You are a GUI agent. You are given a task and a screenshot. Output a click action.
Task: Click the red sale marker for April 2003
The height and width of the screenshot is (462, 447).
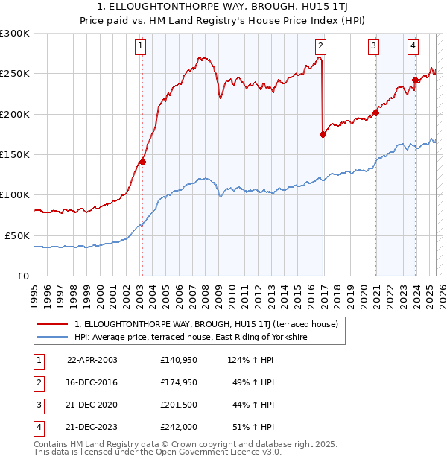coord(142,162)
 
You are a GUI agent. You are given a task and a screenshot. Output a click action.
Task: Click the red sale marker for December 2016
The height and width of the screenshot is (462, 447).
coord(323,134)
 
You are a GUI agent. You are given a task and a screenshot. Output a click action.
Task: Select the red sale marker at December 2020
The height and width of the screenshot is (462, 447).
coord(375,113)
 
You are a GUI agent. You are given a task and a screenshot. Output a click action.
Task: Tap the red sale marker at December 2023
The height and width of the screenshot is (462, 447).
coord(416,80)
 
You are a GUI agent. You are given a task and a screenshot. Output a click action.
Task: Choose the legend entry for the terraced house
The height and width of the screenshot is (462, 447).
coord(206,324)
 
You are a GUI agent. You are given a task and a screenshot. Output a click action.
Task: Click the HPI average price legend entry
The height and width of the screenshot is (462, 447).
coord(191,338)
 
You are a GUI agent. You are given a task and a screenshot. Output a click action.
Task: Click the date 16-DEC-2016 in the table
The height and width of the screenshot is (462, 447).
coord(92,382)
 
